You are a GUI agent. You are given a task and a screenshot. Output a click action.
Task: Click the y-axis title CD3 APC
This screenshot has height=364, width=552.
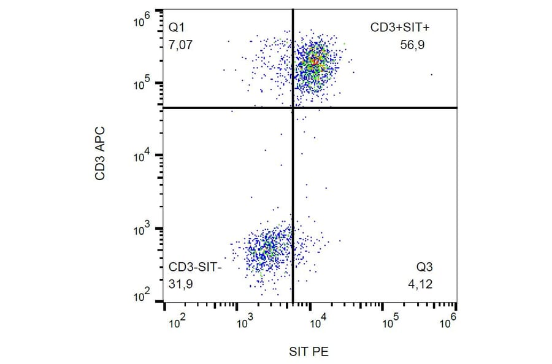point(99,154)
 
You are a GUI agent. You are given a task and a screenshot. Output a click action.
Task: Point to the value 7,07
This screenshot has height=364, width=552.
point(181,44)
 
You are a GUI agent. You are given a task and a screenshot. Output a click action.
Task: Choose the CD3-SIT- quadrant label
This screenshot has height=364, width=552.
point(196,268)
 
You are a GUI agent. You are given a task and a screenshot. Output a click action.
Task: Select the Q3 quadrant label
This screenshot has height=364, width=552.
point(425,268)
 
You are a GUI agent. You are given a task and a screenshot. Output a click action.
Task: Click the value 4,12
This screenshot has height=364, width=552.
point(423,284)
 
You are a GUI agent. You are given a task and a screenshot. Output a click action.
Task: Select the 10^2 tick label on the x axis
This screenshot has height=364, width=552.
point(177,321)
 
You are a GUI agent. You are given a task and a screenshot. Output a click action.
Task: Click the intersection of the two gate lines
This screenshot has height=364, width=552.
point(293,108)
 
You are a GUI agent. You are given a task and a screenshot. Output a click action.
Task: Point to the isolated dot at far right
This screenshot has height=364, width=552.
point(432,75)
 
